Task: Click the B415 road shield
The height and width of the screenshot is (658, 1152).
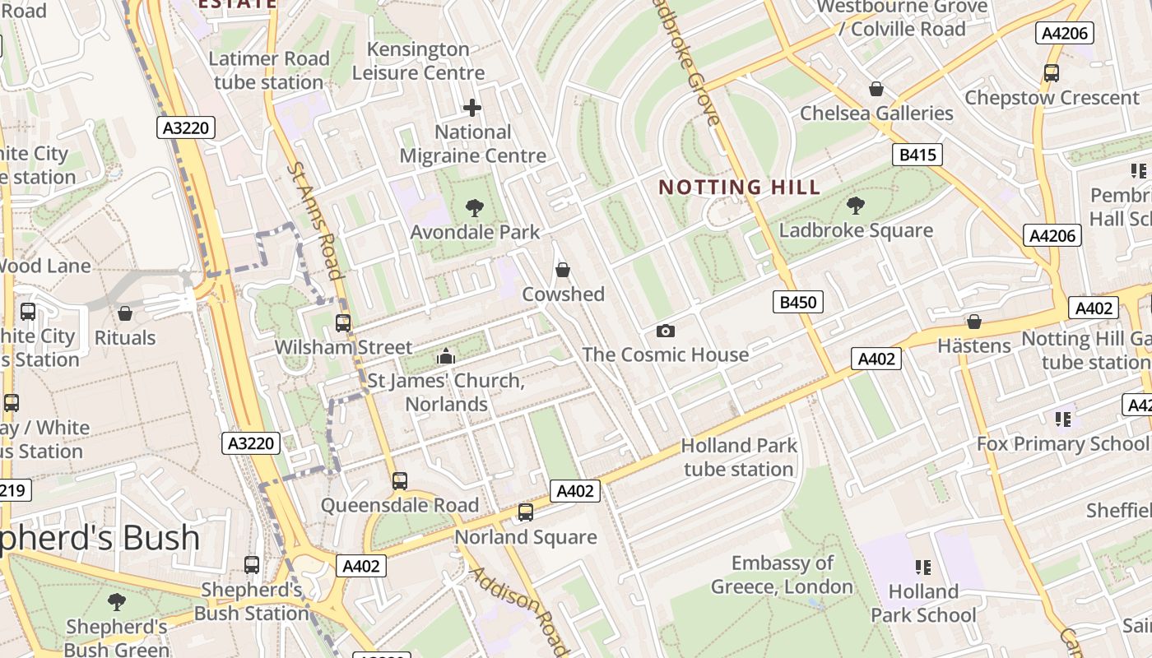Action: [917, 155]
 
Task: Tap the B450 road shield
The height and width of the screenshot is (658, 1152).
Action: [797, 302]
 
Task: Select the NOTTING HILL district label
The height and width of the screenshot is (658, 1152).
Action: [740, 187]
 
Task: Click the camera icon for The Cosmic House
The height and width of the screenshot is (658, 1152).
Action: [666, 331]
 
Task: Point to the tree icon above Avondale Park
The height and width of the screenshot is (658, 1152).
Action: [475, 207]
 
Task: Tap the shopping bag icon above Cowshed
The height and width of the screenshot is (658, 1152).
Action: [563, 270]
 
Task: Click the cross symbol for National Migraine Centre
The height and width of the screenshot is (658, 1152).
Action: [472, 108]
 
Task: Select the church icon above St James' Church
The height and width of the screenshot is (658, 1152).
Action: [446, 355]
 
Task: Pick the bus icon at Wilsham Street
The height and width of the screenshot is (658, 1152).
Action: [343, 323]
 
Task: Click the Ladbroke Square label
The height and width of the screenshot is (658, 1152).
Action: [856, 230]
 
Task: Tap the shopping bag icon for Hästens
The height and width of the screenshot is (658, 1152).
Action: [974, 322]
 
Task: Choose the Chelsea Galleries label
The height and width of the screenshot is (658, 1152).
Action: [876, 113]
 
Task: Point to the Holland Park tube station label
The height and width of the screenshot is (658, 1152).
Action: [739, 457]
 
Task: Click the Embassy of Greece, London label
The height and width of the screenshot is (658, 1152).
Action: [782, 575]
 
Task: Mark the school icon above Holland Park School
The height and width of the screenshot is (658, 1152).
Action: [923, 567]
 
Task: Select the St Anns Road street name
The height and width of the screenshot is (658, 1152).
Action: [314, 220]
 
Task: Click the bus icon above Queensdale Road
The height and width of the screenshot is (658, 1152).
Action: [400, 480]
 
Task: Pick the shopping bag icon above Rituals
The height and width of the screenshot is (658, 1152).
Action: [125, 313]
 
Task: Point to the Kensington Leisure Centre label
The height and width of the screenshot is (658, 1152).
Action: [418, 61]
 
